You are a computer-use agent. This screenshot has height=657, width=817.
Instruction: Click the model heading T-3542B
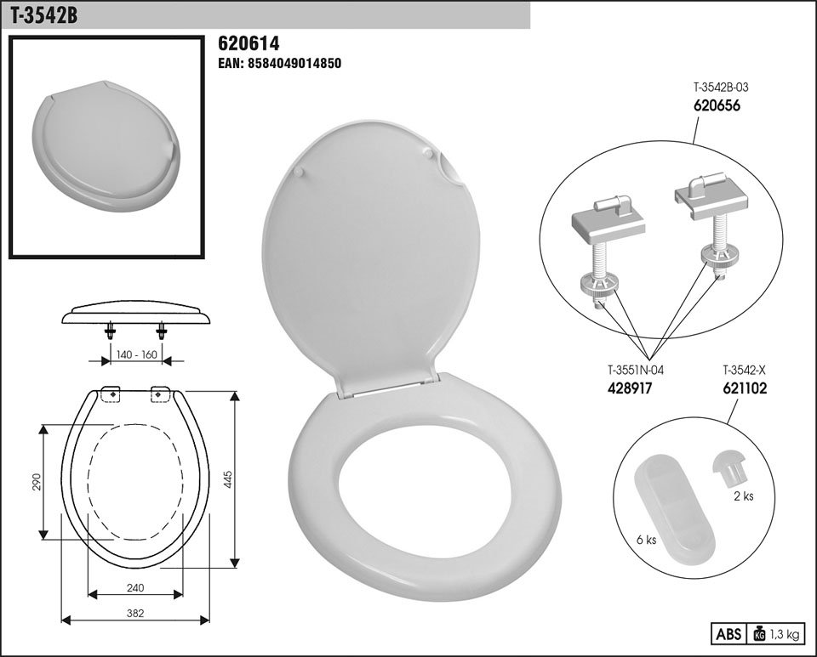point(43,15)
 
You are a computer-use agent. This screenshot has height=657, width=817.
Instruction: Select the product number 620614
point(249,43)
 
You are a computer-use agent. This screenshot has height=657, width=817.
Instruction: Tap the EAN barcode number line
point(279,64)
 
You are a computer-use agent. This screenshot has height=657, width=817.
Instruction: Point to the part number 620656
point(717,105)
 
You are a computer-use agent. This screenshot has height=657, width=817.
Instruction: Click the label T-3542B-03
point(721,88)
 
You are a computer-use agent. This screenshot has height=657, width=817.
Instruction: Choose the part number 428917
point(630,388)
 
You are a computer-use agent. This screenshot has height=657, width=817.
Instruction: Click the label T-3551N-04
point(636,371)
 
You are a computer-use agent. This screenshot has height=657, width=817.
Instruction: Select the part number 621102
point(745,388)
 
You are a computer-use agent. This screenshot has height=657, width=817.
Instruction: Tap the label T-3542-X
point(744,371)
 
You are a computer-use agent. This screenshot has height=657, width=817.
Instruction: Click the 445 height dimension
point(228,479)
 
